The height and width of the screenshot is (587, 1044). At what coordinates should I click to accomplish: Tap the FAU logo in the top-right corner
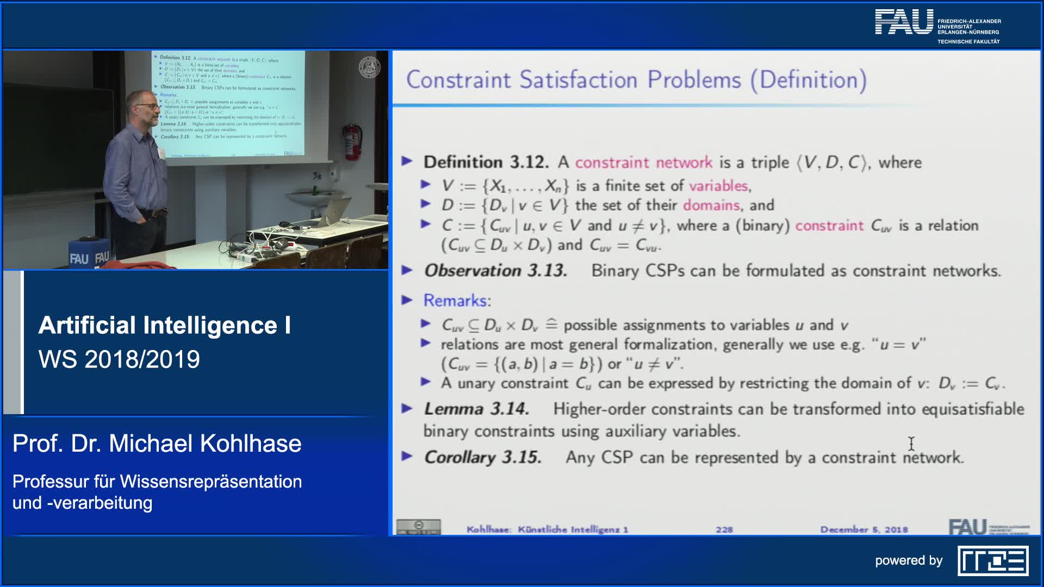pos(904,22)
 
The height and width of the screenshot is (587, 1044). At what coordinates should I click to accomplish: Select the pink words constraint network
pos(643,163)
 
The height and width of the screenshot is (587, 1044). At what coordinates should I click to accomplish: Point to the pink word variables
pos(718,186)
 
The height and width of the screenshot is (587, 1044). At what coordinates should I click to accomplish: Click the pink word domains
pos(711,205)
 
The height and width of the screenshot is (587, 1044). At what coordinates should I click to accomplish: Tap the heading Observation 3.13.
pos(495,271)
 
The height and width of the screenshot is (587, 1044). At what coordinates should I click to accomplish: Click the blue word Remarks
pos(455,301)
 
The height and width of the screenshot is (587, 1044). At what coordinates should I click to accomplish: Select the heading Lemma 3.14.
pos(476,409)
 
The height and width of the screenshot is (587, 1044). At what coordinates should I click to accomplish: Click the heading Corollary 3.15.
pos(483,457)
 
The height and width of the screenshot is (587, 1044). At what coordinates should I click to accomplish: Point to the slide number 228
pos(724,529)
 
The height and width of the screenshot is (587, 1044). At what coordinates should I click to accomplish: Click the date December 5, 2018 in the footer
pos(863,529)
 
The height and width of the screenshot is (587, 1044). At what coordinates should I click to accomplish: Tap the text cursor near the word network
pos(911,444)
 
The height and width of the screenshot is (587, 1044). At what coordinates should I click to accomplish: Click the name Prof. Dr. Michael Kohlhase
pos(157,444)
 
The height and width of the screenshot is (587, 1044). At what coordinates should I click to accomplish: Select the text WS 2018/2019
pos(119,359)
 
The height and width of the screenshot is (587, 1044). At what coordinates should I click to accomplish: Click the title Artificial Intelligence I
pos(164,325)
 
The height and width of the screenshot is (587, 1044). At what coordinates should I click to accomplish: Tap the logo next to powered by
pos(993,561)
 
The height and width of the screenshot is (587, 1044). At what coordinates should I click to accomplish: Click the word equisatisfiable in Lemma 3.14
pos(973,409)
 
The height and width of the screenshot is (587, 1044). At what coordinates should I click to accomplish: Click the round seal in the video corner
pos(370,68)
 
